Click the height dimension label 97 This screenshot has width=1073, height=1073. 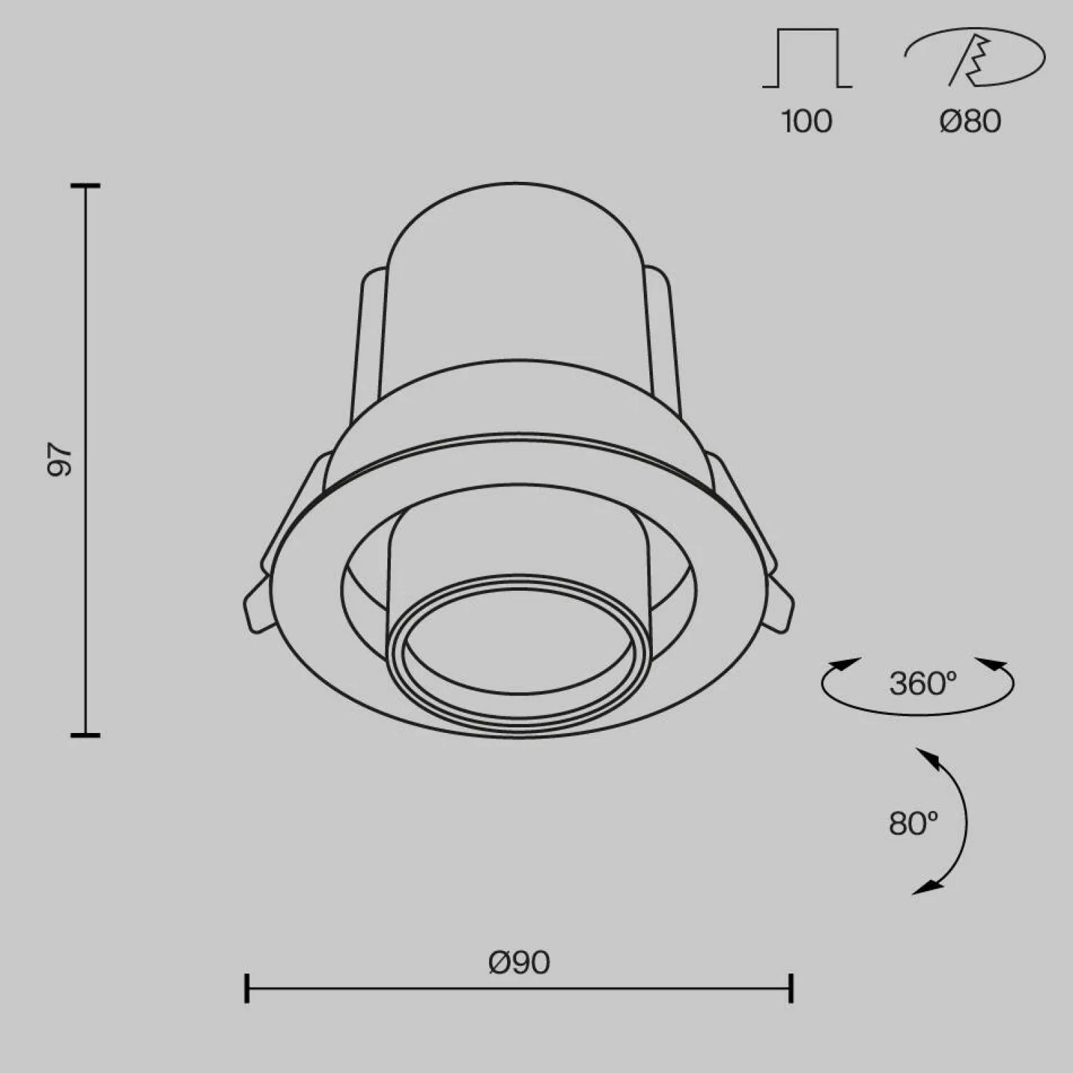click(x=60, y=460)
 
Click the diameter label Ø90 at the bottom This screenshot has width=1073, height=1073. click(x=519, y=963)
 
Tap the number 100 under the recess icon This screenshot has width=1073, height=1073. click(x=807, y=121)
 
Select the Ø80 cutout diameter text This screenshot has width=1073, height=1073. click(x=970, y=121)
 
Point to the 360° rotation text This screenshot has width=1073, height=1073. click(x=923, y=684)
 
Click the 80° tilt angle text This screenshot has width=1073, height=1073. click(x=913, y=824)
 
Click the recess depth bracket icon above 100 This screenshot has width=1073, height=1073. click(x=807, y=59)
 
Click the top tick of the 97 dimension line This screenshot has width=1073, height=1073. click(x=86, y=186)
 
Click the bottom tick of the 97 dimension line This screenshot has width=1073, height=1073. click(x=86, y=734)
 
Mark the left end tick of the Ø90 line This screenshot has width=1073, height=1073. click(x=247, y=988)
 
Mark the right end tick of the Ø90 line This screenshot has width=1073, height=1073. click(x=791, y=988)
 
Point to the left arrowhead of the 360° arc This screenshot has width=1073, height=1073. click(x=844, y=664)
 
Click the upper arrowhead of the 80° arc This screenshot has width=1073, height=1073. click(x=927, y=757)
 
